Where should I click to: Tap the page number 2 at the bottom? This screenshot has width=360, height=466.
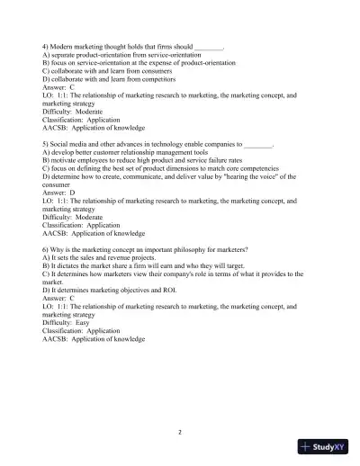tap(180, 431)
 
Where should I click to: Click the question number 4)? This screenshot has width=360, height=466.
tap(46, 45)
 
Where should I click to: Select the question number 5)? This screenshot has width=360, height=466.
tap(46, 143)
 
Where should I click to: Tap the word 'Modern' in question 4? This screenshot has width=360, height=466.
tap(66, 45)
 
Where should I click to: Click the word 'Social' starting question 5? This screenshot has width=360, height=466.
tap(64, 143)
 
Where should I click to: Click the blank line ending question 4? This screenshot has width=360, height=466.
tap(209, 45)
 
